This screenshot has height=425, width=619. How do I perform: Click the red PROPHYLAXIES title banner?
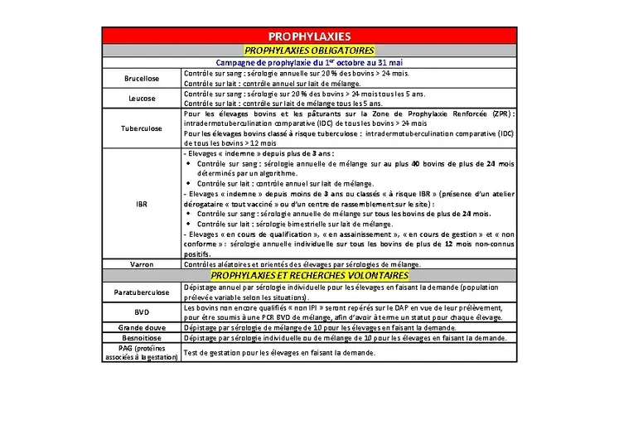(309, 36)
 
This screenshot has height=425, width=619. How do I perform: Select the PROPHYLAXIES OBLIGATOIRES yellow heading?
(309, 50)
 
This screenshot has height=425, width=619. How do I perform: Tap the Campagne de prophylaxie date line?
(309, 62)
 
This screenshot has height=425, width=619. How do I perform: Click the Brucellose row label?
(142, 79)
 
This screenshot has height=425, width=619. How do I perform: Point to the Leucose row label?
(142, 99)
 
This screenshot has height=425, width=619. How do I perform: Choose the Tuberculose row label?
(142, 128)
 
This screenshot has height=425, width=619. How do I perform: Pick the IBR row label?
(142, 203)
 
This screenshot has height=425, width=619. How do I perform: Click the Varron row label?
(142, 264)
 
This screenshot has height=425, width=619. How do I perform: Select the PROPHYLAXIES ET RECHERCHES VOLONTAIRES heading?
(309, 275)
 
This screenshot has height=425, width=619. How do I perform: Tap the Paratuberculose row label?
(142, 292)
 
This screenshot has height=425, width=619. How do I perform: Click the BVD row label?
(142, 312)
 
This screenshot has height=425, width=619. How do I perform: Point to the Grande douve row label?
(142, 328)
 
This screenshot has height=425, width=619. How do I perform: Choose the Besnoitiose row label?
(142, 339)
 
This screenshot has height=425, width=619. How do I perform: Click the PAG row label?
(142, 354)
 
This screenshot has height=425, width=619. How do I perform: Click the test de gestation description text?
(279, 354)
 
